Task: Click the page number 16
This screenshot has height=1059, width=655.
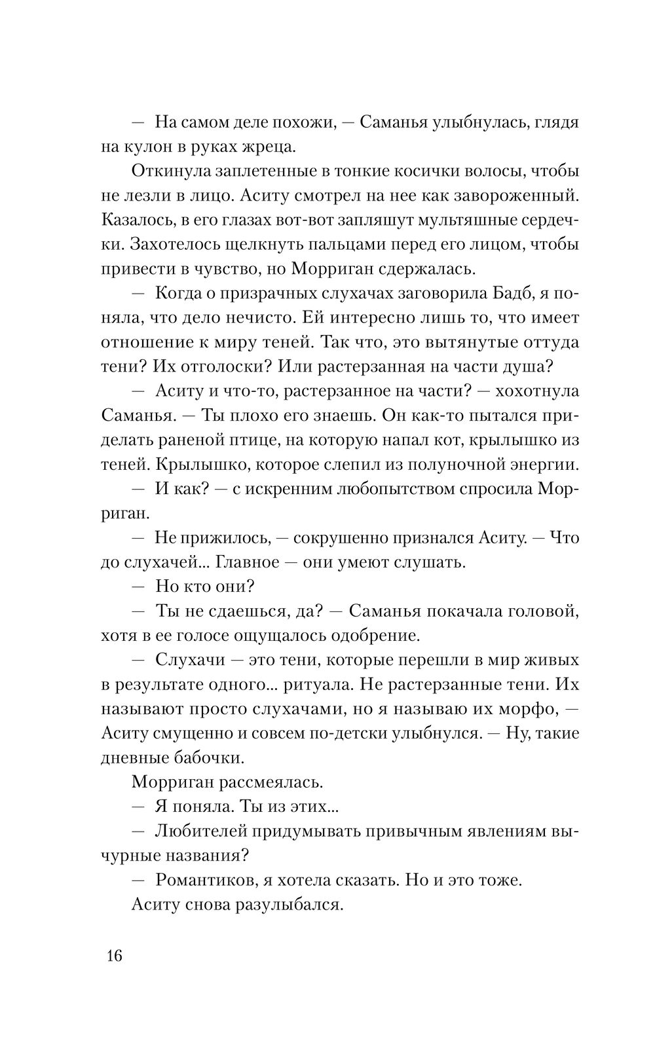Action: [113, 955]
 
